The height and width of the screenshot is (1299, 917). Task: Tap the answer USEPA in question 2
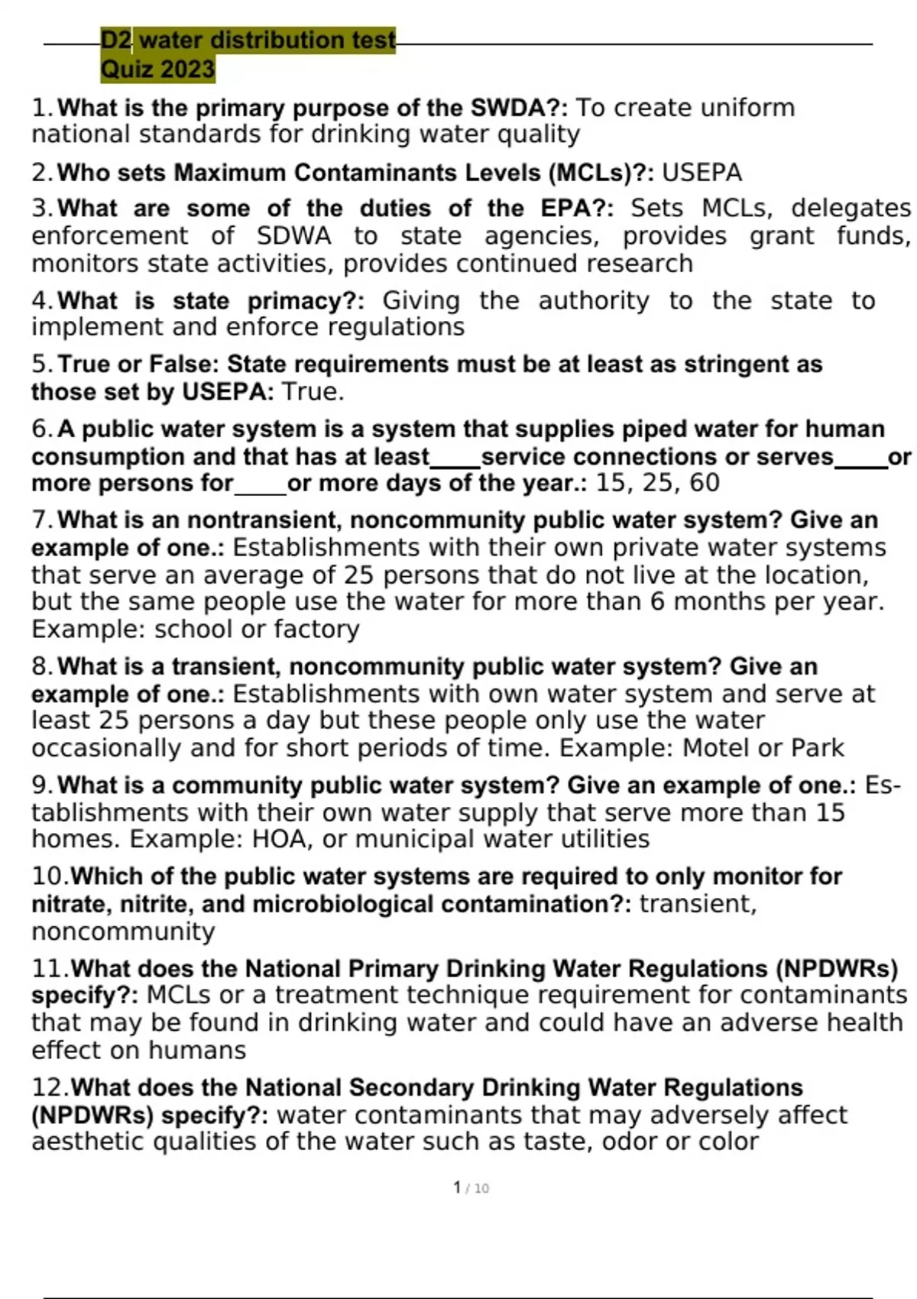click(x=702, y=173)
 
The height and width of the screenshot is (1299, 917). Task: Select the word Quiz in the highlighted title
click(x=128, y=70)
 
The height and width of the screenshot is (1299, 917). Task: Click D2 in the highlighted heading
click(x=116, y=40)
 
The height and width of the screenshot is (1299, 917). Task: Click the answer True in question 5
click(x=309, y=392)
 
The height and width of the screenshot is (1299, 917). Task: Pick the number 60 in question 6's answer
click(x=704, y=483)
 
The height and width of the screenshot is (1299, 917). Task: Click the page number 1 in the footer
click(x=457, y=1187)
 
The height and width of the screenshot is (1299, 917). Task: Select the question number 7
click(x=41, y=520)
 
